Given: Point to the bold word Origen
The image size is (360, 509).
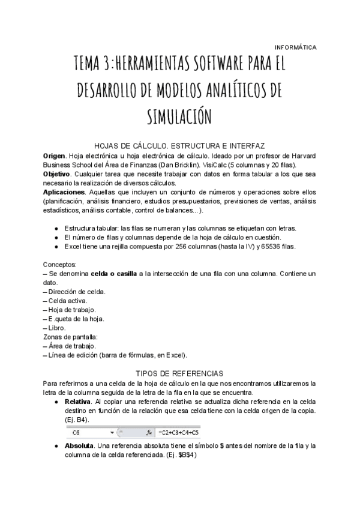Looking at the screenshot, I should click(55, 155).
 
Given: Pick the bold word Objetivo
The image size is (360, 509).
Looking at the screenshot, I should click(58, 173).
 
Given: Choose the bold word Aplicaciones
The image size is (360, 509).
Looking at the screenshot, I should click(66, 191).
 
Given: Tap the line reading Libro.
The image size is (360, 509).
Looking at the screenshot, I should click(58, 328).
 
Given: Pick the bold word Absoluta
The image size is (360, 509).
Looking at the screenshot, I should click(79, 446).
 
